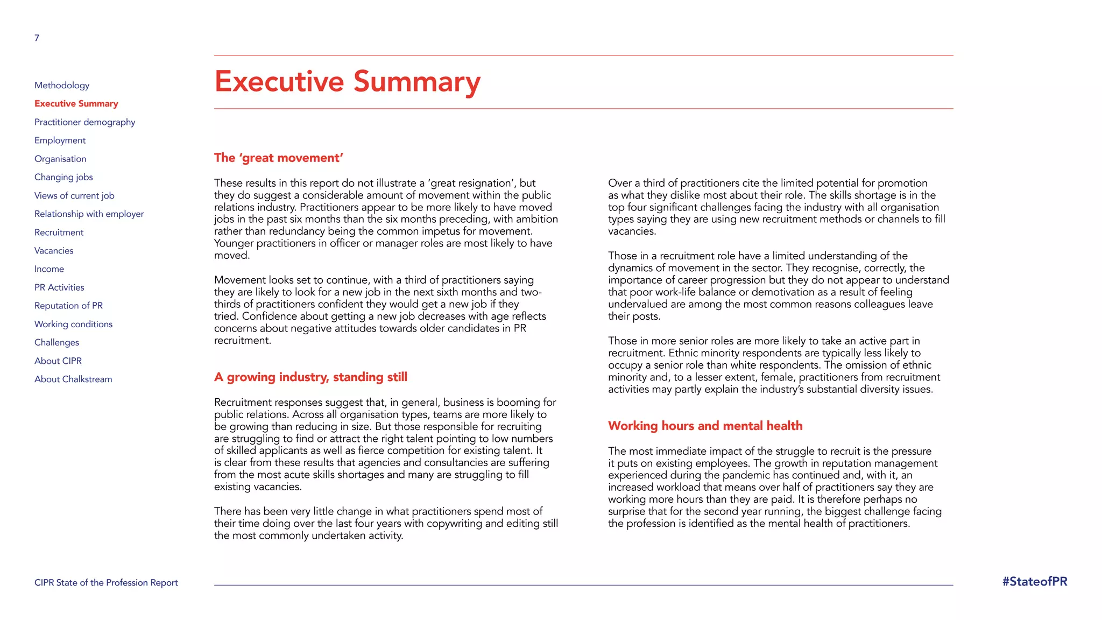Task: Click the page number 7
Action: [x=37, y=38]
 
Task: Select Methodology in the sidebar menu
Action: [x=62, y=85]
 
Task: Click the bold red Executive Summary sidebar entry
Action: [x=76, y=103]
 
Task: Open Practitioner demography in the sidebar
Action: [x=84, y=122]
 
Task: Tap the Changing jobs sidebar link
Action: [x=63, y=177]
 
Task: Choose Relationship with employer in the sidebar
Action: [x=89, y=214]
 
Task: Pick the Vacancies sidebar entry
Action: [x=54, y=251]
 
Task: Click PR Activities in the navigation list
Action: [x=59, y=287]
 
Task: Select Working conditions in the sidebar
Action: [x=73, y=324]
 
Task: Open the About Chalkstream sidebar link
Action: [x=73, y=379]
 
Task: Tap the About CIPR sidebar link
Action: [x=58, y=361]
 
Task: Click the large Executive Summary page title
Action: [x=347, y=82]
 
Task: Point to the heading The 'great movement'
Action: [x=278, y=158]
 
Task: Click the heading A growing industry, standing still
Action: [x=310, y=377]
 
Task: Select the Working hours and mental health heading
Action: [x=705, y=426]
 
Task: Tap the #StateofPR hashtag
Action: [x=1034, y=581]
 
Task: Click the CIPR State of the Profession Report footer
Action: [x=106, y=582]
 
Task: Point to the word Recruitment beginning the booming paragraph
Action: [x=244, y=403]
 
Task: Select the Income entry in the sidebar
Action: [x=49, y=269]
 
